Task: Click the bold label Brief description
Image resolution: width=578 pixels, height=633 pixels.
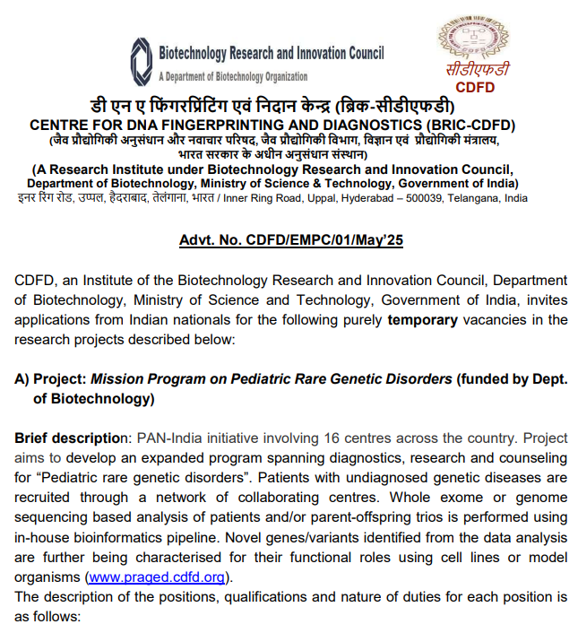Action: (x=71, y=438)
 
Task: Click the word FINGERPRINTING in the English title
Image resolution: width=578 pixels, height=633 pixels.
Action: (x=199, y=126)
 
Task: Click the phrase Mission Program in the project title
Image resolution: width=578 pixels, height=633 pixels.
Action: (x=147, y=378)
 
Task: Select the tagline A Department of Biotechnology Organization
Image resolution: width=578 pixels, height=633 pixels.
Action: (x=232, y=76)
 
